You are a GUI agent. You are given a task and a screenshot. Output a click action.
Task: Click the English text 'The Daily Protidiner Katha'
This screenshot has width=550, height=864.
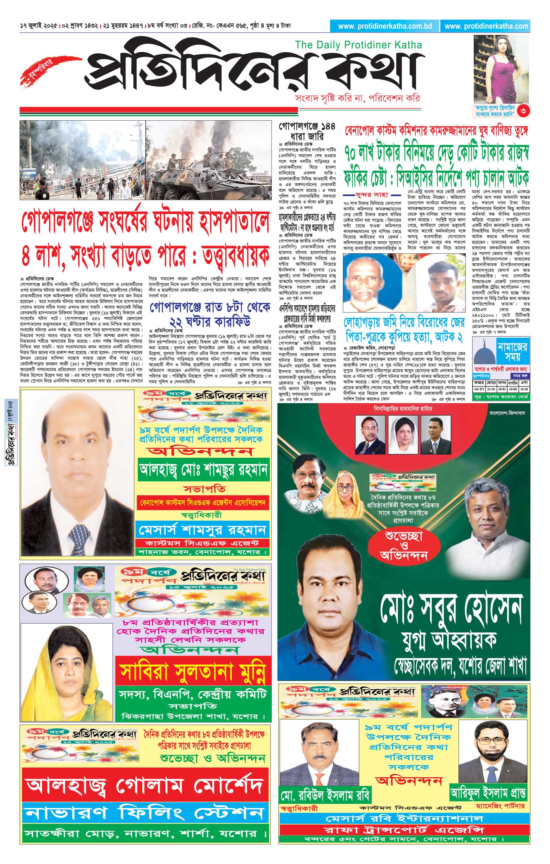coord(358,45)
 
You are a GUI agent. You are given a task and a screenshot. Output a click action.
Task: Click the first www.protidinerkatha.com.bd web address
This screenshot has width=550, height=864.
coord(385,26)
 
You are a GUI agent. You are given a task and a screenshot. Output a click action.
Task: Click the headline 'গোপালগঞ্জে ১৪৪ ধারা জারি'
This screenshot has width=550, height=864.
coord(307,131)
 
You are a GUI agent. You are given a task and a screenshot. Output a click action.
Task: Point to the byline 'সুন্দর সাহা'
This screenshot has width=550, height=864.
coord(371,195)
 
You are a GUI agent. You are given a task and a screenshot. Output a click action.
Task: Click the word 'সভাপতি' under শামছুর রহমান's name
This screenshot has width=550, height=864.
coord(204,489)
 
